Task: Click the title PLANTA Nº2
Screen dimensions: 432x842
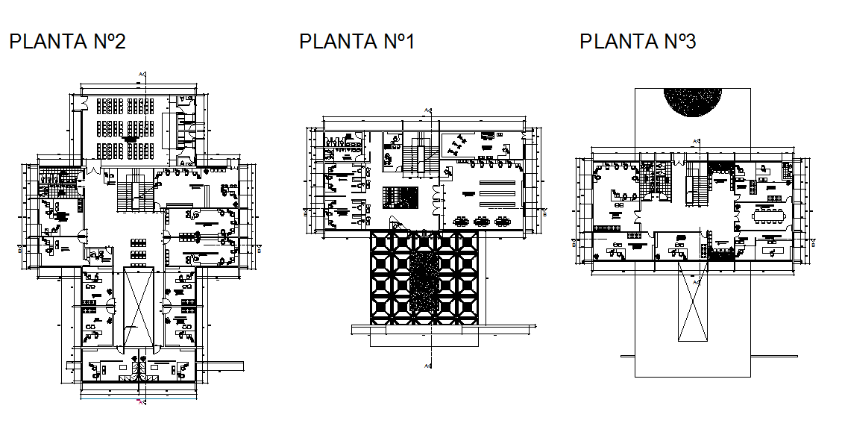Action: [67, 42]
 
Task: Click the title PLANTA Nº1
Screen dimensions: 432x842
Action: [356, 42]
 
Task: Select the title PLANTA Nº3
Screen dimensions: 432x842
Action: [638, 42]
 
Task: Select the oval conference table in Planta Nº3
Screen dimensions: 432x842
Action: [769, 216]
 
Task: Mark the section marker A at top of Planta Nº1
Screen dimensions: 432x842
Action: [427, 110]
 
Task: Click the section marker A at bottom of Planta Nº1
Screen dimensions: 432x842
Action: [427, 366]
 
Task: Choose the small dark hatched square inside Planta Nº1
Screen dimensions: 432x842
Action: [400, 198]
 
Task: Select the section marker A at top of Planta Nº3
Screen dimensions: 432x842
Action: [696, 141]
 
